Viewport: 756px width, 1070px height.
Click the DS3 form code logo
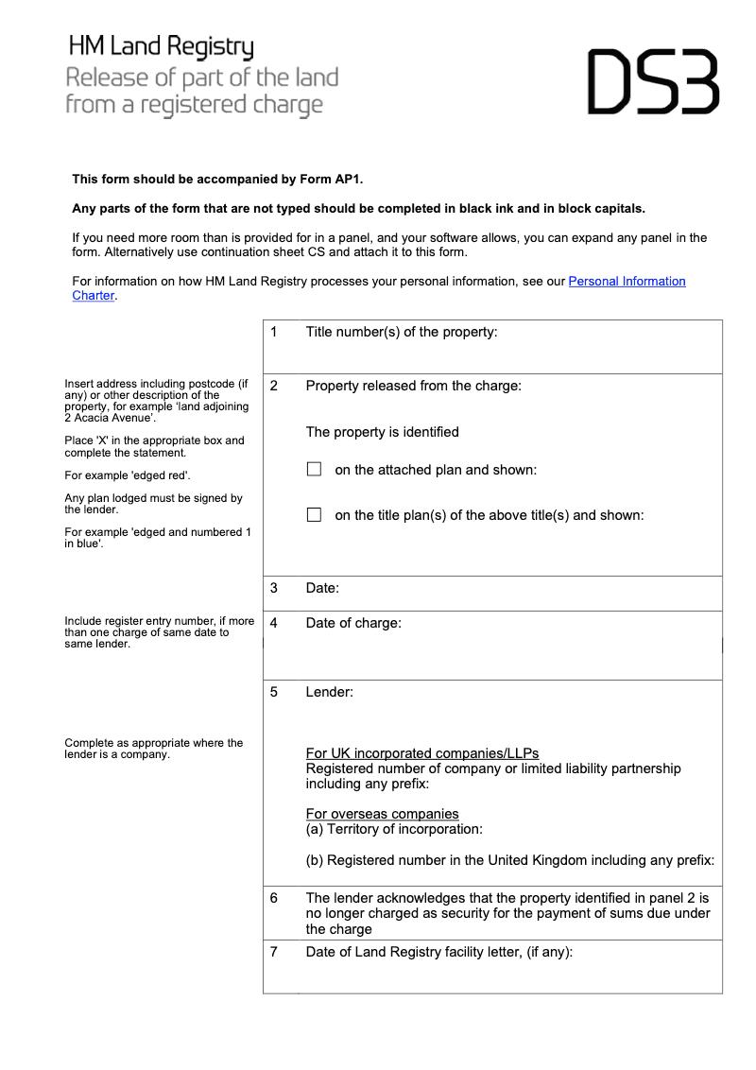(x=653, y=82)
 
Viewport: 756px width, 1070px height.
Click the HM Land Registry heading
(x=161, y=46)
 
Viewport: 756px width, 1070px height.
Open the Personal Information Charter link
(x=627, y=282)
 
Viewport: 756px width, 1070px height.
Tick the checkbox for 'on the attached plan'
(x=315, y=470)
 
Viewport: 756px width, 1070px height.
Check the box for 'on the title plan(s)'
(x=315, y=515)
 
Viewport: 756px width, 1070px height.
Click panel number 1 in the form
(x=274, y=332)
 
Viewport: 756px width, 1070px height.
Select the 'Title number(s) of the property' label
(x=401, y=332)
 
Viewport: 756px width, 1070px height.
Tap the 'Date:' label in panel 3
(x=322, y=588)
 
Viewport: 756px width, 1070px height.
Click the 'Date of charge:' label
(x=352, y=623)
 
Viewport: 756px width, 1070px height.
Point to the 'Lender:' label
(x=329, y=692)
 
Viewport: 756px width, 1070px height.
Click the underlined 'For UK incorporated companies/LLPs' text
(x=421, y=753)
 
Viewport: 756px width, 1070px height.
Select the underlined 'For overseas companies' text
(x=382, y=814)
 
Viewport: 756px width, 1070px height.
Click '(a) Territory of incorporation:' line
(x=394, y=829)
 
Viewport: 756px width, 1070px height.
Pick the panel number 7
(x=274, y=952)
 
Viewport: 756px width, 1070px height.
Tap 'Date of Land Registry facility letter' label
(x=438, y=952)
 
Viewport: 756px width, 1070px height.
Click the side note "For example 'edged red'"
(x=128, y=475)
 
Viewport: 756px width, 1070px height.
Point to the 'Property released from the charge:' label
(x=413, y=386)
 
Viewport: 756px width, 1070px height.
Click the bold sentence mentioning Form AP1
(x=217, y=179)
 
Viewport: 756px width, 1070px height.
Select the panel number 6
(x=274, y=897)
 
